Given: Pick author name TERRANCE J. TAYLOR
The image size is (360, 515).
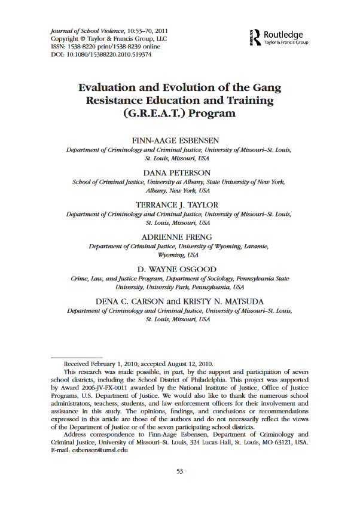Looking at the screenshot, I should pos(179,205).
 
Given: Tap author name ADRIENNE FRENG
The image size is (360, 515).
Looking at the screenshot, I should pos(179,236).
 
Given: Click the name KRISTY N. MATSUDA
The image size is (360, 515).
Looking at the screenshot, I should pos(216,301).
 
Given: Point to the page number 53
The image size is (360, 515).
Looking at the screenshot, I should pos(179,488).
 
